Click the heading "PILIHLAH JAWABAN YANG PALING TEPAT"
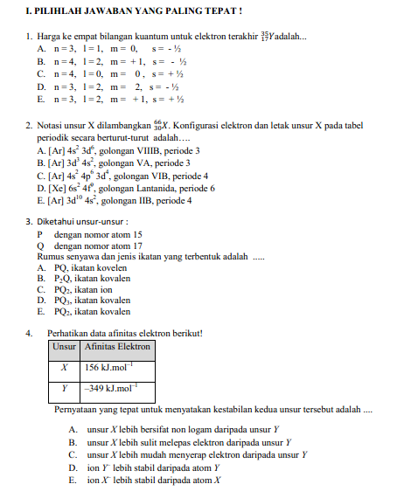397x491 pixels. (x=131, y=11)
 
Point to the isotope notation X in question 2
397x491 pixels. (x=163, y=126)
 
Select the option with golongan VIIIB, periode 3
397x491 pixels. (x=117, y=150)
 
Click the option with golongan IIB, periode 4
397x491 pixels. (x=114, y=200)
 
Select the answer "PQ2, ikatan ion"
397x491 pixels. (x=79, y=289)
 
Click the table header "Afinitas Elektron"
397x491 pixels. (x=117, y=347)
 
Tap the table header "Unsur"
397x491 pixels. (x=64, y=347)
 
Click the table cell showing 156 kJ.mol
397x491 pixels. (x=112, y=368)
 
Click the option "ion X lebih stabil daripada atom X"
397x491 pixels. (x=153, y=480)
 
